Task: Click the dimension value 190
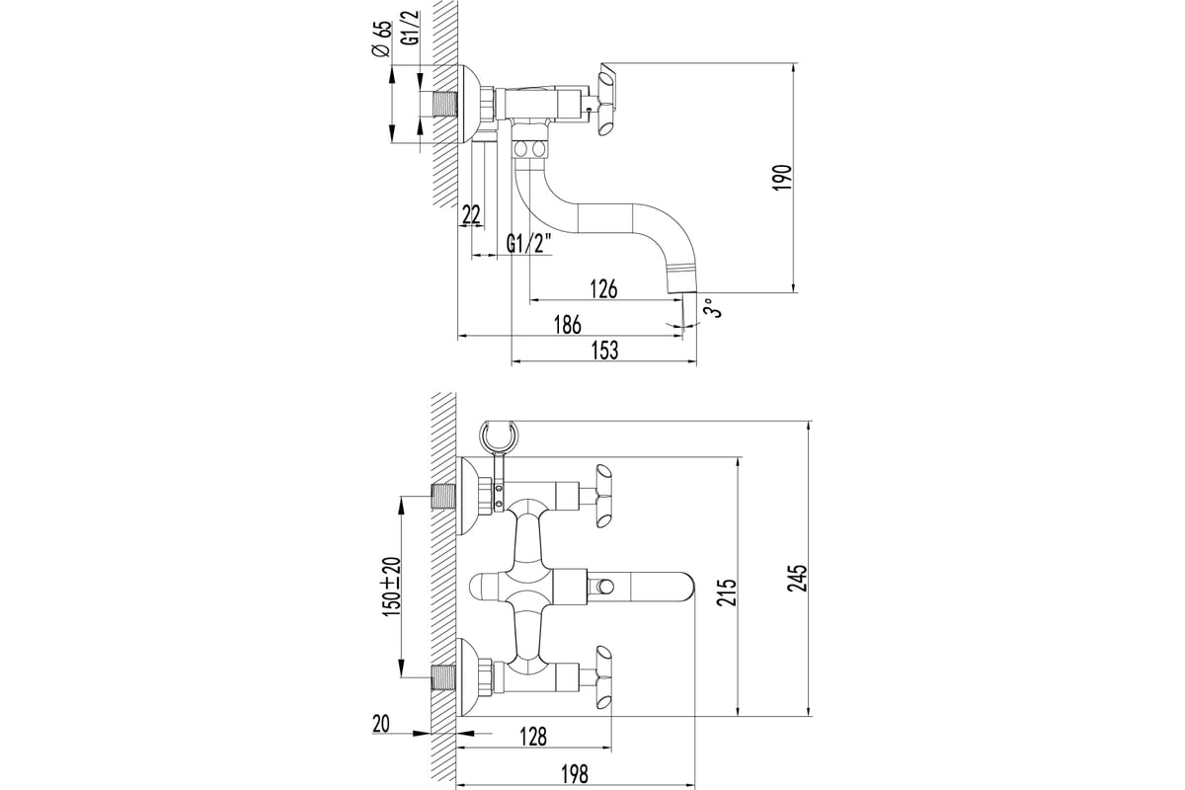(781, 178)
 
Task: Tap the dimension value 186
(566, 325)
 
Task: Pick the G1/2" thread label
(528, 244)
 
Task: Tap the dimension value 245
(799, 578)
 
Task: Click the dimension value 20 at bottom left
(382, 724)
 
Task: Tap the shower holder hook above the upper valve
(500, 435)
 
